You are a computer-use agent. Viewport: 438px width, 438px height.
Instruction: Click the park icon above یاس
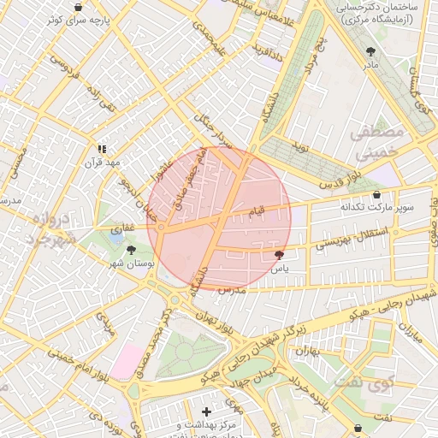[279, 254]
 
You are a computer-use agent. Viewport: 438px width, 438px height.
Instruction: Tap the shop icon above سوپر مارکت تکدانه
[376, 194]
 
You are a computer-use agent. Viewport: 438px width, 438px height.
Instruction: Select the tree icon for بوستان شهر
[130, 250]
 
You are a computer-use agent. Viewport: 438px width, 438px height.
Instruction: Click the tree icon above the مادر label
[370, 51]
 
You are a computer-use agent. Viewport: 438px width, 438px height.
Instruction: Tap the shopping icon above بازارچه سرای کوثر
[79, 7]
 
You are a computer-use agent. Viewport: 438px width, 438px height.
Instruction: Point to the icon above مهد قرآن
[103, 149]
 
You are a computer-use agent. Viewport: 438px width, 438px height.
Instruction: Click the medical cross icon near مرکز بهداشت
[206, 411]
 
